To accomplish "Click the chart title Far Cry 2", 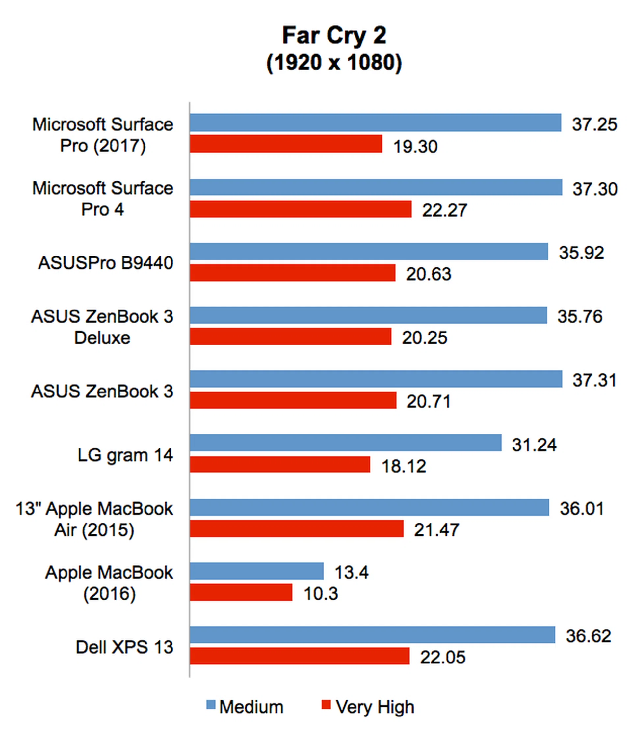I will pyautogui.click(x=334, y=35).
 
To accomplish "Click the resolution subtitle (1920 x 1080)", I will pyautogui.click(x=334, y=63).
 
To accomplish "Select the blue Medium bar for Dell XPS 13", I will pyautogui.click(x=372, y=635).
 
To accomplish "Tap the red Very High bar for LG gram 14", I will pyautogui.click(x=280, y=464).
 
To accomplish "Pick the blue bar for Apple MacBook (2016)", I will pyautogui.click(x=256, y=571).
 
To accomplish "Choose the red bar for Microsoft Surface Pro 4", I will pyautogui.click(x=301, y=209).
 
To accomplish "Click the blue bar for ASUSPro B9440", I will pyautogui.click(x=369, y=252).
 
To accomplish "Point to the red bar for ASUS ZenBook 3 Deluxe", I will pyautogui.click(x=290, y=336).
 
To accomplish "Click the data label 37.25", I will pyautogui.click(x=594, y=124).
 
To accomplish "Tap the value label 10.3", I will pyautogui.click(x=321, y=593).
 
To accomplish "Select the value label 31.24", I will pyautogui.click(x=534, y=445).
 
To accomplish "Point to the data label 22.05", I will pyautogui.click(x=443, y=657).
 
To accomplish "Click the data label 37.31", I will pyautogui.click(x=594, y=380).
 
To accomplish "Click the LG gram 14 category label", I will pyautogui.click(x=125, y=455).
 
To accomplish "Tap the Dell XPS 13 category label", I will pyautogui.click(x=124, y=647).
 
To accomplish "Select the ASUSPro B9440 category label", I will pyautogui.click(x=105, y=263).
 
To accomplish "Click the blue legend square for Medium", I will pyautogui.click(x=211, y=705).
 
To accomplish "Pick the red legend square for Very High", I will pyautogui.click(x=326, y=705).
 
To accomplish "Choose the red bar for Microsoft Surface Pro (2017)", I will pyautogui.click(x=286, y=144).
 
